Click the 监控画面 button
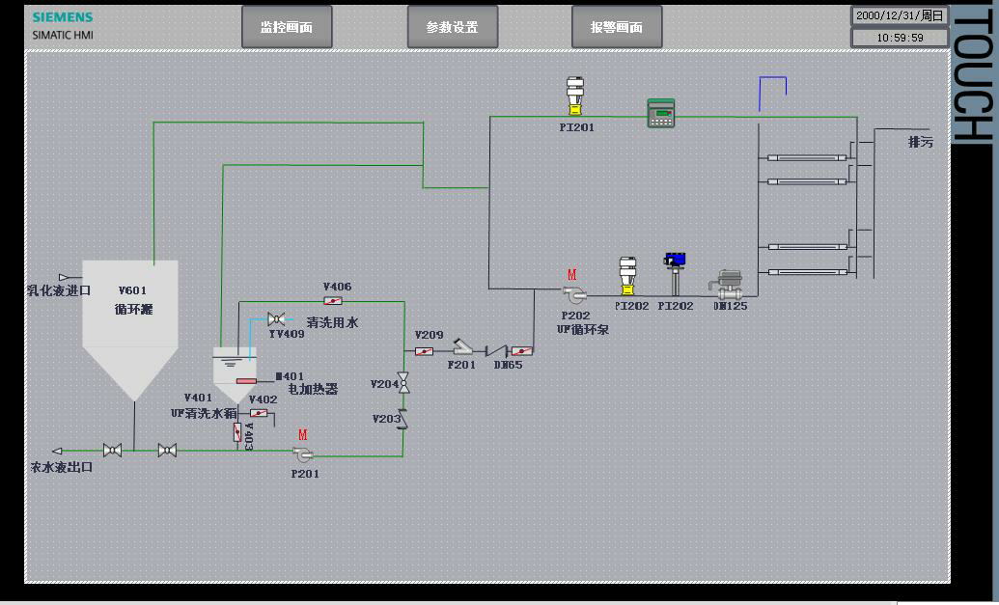287,27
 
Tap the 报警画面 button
617,27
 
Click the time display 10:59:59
900,38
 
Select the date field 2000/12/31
900,15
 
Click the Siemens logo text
63,17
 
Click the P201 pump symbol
303,454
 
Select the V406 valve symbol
334,301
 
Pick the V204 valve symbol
403,385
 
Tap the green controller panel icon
661,113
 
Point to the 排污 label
921,142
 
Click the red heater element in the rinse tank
246,380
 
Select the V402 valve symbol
259,413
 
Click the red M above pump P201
303,435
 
